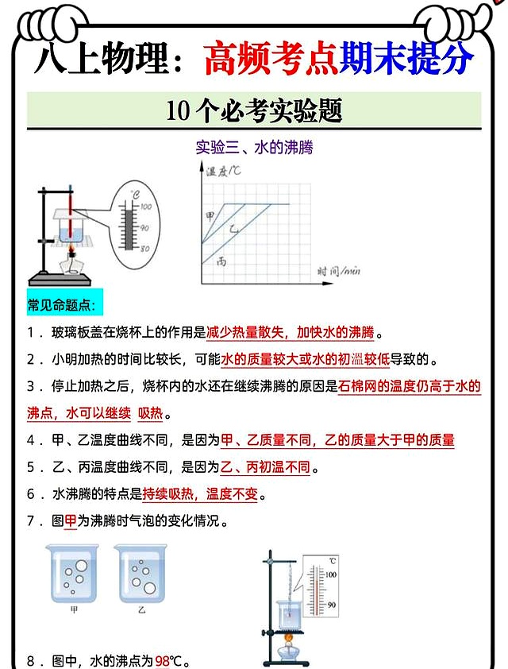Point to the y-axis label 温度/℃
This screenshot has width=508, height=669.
point(224,172)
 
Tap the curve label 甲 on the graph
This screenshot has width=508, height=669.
point(210,215)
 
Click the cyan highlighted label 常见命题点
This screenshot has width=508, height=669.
point(60,305)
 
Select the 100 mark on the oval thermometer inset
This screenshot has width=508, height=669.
point(145,207)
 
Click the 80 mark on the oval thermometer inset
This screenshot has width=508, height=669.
point(145,249)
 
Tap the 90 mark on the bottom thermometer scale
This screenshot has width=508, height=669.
point(331,605)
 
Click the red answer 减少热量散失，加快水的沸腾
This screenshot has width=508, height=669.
point(290,332)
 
